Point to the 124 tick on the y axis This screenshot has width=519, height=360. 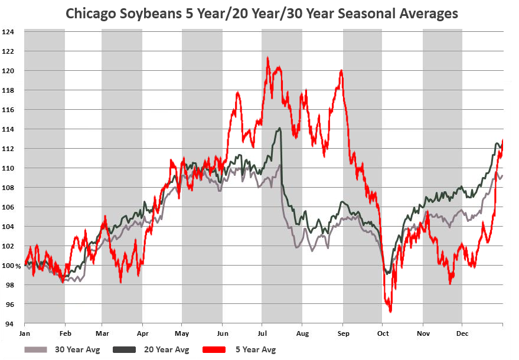12,32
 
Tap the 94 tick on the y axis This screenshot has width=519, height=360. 11,324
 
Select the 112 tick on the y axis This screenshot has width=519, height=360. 12,149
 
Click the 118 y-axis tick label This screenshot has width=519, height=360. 12,90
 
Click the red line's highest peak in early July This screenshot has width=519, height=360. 267,58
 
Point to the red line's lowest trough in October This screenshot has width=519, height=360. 390,311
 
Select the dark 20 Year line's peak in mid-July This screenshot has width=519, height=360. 279,128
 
